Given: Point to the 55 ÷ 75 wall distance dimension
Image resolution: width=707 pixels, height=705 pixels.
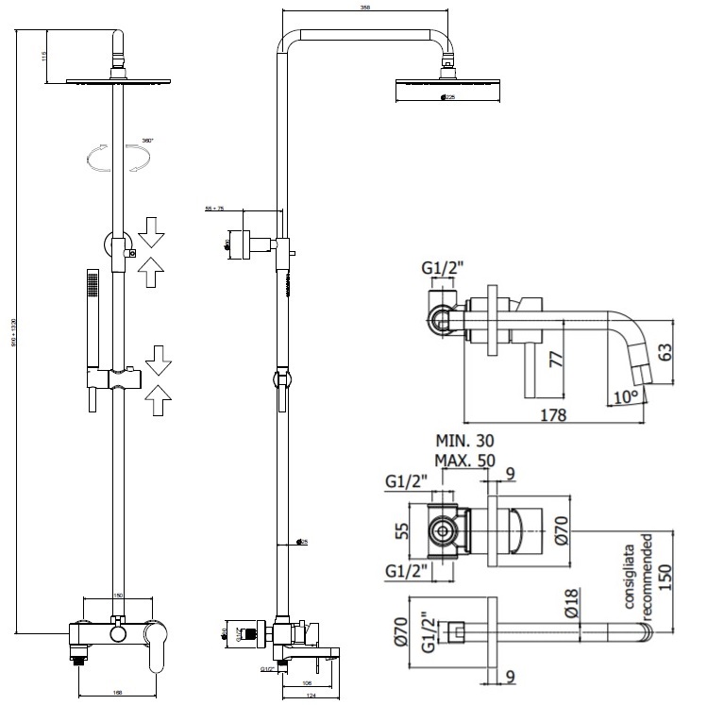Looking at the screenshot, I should (213, 209).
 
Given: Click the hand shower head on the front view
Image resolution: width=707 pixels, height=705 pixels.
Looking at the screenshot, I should (91, 283).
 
